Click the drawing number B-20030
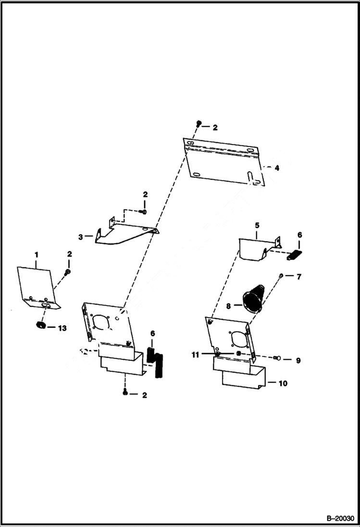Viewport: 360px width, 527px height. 339,519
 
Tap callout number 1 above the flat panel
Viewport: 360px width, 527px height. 36,254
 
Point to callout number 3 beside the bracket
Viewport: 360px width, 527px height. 80,236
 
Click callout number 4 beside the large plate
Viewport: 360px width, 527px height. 276,168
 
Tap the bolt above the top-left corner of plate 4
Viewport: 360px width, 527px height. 198,124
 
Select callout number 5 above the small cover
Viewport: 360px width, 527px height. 257,225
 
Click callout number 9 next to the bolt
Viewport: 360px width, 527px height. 298,360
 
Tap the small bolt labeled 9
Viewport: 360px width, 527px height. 276,358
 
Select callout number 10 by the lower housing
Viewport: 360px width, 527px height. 283,383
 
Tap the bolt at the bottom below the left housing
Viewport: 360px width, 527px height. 125,393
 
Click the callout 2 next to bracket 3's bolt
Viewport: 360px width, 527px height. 145,195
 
